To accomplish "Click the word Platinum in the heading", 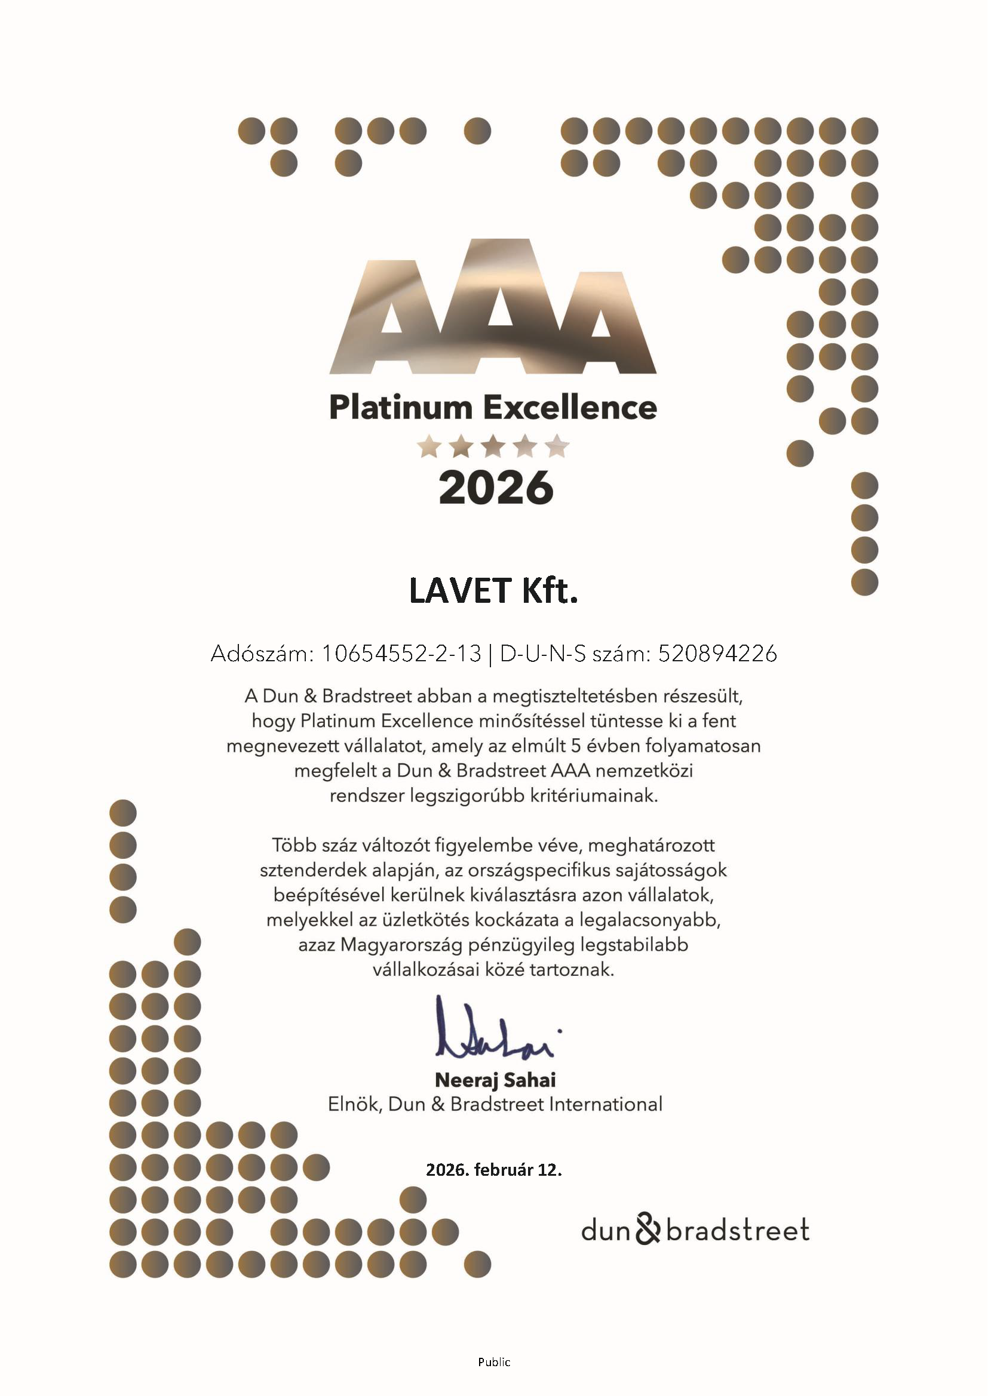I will pyautogui.click(x=400, y=408).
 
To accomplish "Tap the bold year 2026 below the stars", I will pyautogui.click(x=496, y=488).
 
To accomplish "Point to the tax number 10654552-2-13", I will pyautogui.click(x=401, y=654).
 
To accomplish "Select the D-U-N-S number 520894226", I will pyautogui.click(x=717, y=654).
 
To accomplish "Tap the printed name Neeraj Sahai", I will pyautogui.click(x=495, y=1080).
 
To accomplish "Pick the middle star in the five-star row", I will pyautogui.click(x=493, y=447).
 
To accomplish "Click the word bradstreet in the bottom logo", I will pyautogui.click(x=737, y=1229).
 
